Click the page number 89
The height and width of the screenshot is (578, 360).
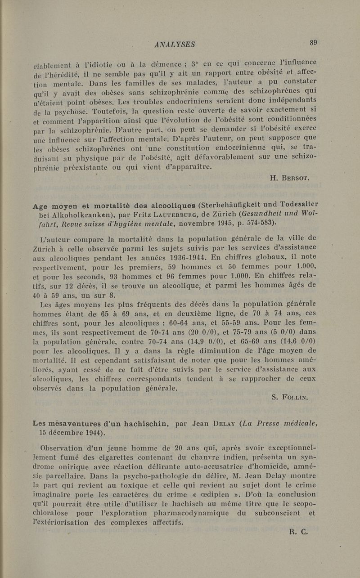coord(313,43)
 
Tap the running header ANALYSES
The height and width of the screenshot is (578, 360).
coord(174,44)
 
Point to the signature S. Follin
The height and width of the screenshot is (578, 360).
coord(294,397)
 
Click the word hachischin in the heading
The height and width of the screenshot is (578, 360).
coord(141,423)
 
